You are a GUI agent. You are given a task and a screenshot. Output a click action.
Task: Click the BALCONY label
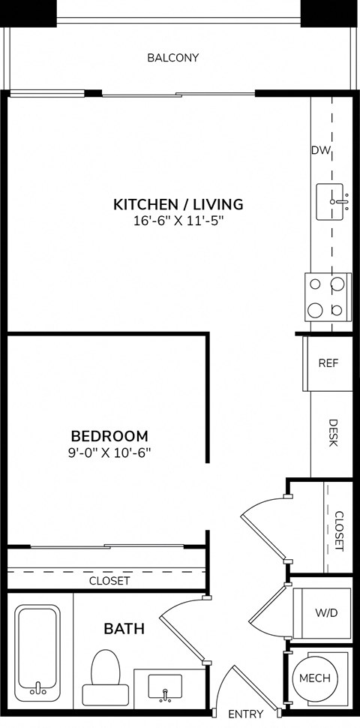pos(172,58)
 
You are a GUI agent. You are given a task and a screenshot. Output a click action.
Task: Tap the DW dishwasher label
pos(321,150)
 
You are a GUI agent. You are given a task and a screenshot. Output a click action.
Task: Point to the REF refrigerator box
pos(328,363)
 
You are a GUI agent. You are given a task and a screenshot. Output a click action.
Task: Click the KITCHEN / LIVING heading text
pos(178,203)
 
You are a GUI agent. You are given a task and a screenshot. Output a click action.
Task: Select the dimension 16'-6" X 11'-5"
pos(178,221)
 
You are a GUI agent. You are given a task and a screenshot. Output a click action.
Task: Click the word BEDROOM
pos(109,435)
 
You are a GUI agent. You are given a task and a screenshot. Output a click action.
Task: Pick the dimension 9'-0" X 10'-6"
pos(109,453)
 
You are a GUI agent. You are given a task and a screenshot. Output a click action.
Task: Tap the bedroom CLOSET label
pos(109,580)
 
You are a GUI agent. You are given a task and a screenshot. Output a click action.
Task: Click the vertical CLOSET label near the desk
pos(339,531)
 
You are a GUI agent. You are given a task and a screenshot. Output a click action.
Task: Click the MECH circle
pos(314,678)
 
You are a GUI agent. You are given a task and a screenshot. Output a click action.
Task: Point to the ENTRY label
pos(245,714)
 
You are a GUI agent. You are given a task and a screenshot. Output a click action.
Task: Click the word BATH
pos(124,628)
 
